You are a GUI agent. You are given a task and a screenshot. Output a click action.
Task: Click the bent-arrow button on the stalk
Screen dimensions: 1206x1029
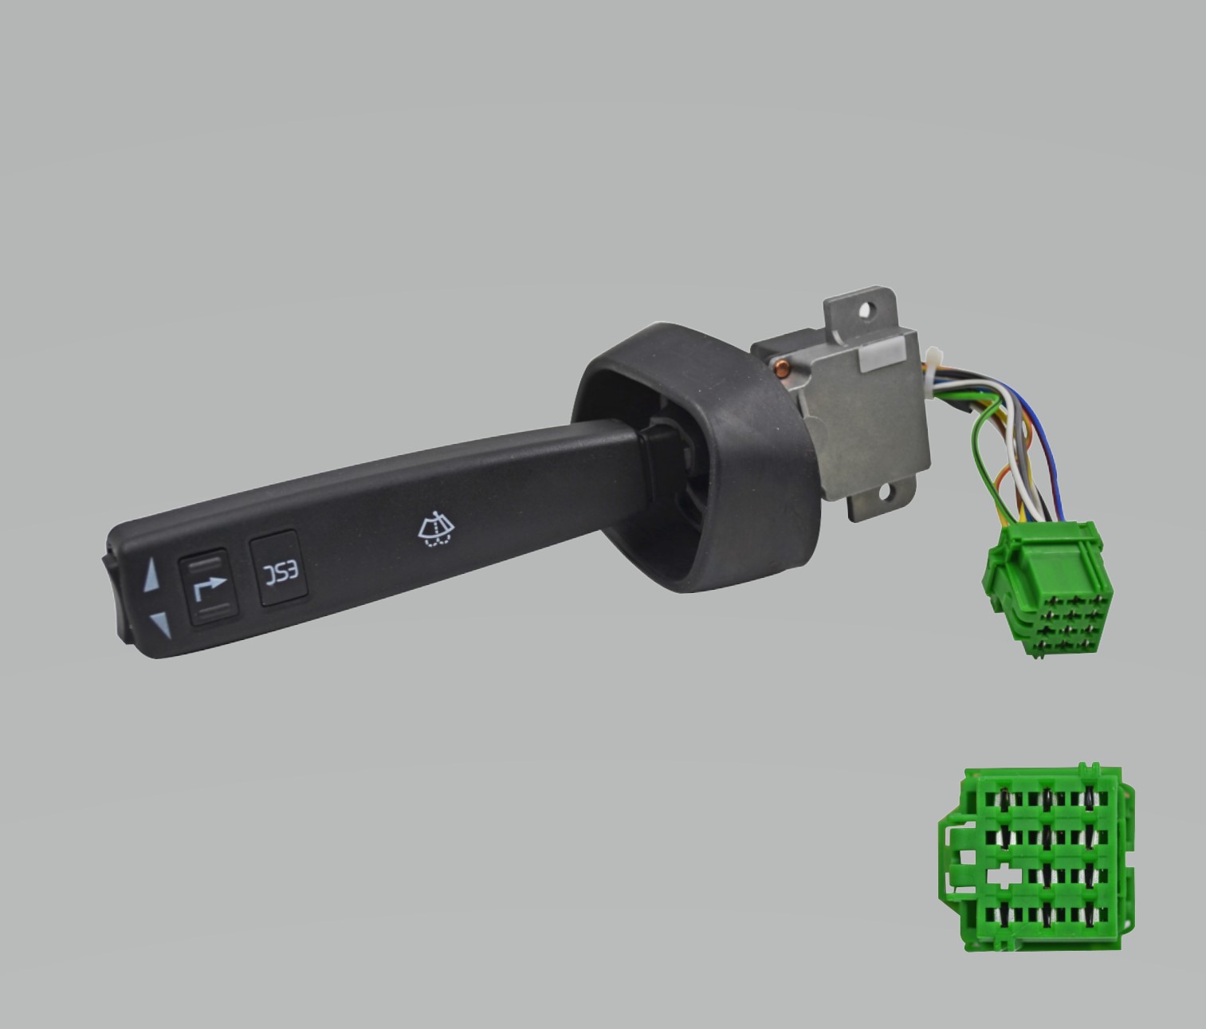pyautogui.click(x=208, y=587)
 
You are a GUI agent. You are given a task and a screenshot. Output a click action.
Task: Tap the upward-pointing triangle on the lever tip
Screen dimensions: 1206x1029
pyautogui.click(x=151, y=575)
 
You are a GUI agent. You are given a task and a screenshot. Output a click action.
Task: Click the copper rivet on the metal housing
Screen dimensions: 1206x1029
pyautogui.click(x=780, y=367)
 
